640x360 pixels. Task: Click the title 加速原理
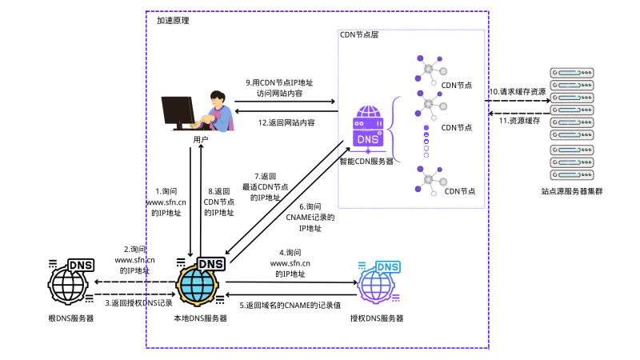click(174, 21)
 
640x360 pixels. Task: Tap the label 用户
click(200, 139)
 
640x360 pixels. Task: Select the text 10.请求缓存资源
click(518, 92)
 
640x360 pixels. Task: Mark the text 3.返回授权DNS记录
click(138, 302)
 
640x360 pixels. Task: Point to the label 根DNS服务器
click(71, 318)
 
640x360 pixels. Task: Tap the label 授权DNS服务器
click(376, 318)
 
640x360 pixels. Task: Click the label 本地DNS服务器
click(200, 318)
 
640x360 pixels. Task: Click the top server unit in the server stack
click(573, 73)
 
